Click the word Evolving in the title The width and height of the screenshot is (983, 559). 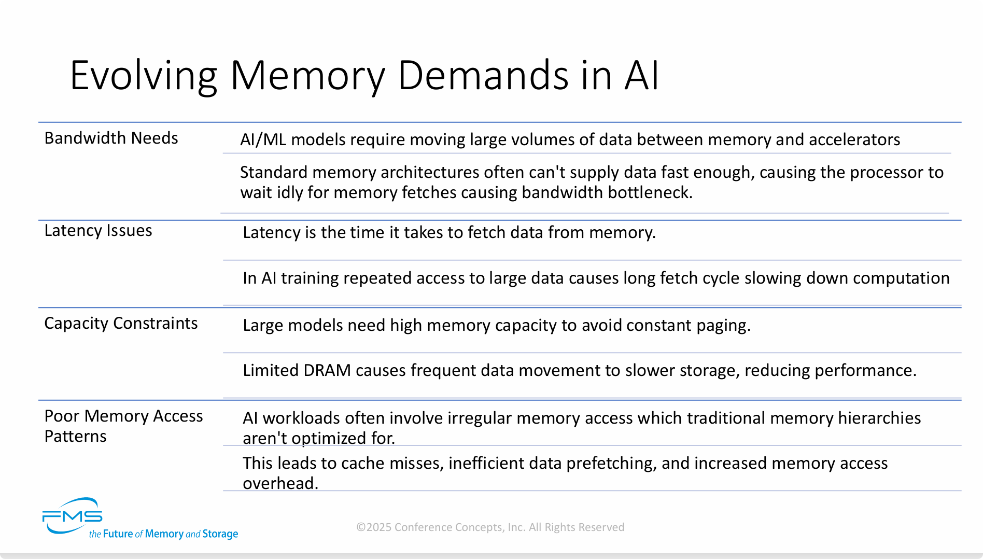point(143,76)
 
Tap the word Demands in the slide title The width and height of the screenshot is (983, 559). point(483,76)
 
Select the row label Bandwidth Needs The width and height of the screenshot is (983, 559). point(111,138)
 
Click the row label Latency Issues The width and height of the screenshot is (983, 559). point(98,230)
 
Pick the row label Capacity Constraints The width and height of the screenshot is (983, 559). point(121,323)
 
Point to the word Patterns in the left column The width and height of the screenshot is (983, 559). point(75,436)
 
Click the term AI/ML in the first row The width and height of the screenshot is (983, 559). point(263,139)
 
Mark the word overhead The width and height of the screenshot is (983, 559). point(280,483)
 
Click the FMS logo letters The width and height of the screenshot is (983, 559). point(73,515)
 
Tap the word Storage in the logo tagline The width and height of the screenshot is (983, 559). point(220,534)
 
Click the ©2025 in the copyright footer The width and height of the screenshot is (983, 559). point(374,527)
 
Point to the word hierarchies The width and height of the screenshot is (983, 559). point(879,418)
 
